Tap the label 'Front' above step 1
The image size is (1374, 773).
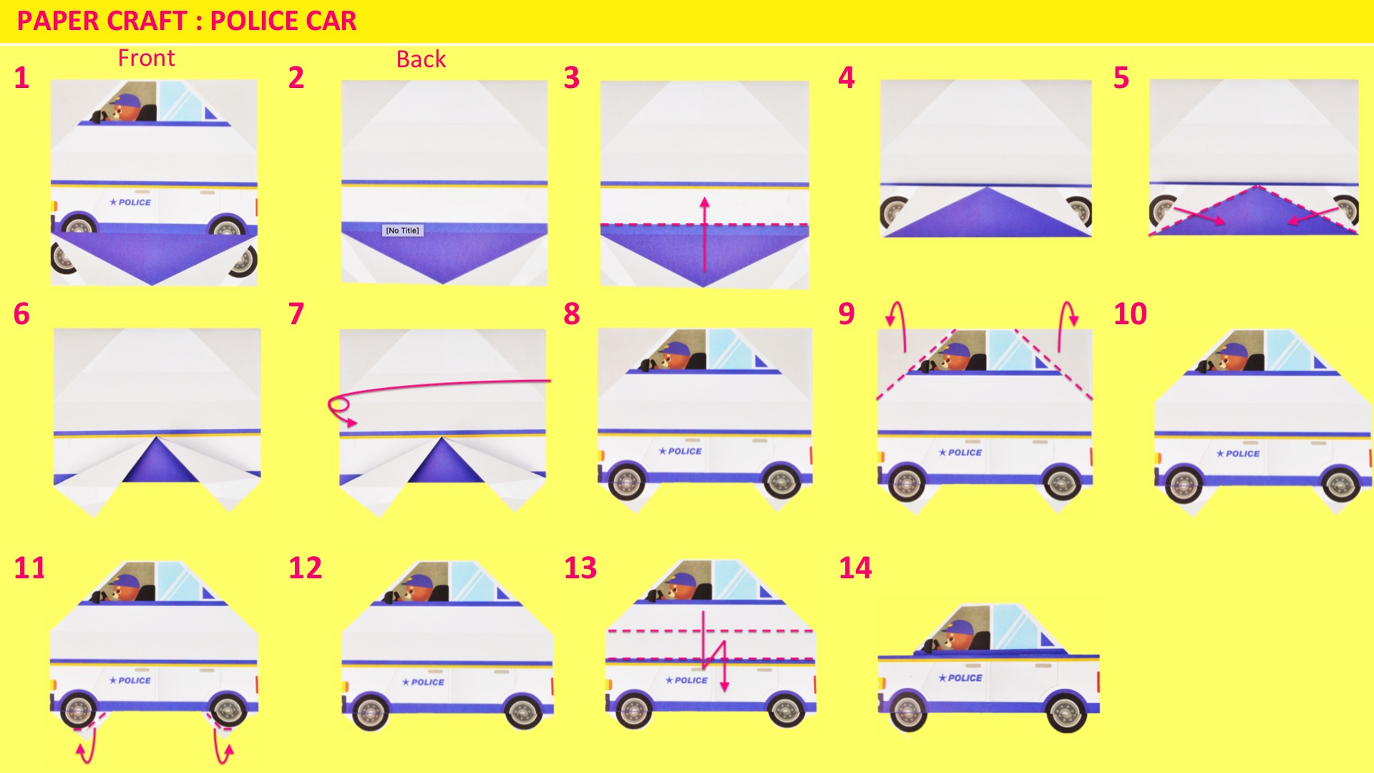(146, 58)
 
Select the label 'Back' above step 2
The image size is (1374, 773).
(421, 59)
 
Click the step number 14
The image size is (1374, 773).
(855, 568)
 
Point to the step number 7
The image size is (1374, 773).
(296, 314)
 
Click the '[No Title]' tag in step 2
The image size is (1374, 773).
(402, 230)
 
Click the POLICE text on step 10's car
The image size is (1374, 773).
(1242, 454)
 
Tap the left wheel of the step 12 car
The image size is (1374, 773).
(371, 712)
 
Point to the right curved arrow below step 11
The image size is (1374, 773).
(220, 747)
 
